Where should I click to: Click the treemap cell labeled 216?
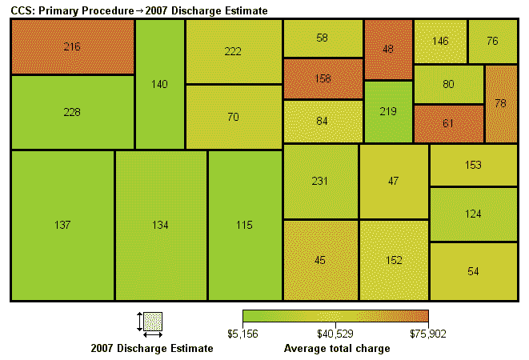point(72,46)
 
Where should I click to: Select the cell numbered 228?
point(72,112)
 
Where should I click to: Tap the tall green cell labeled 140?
point(159,83)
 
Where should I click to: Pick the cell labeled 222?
point(233,51)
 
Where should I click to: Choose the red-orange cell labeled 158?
point(323,79)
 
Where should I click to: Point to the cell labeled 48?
point(388,49)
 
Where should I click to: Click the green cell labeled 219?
point(388,111)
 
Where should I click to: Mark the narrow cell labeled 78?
point(500,103)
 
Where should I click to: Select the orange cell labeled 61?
point(448,122)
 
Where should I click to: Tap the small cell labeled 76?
point(492,41)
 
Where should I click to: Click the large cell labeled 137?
point(62,225)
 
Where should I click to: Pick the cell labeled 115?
point(244,225)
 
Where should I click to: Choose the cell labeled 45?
point(320,260)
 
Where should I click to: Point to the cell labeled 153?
point(473,165)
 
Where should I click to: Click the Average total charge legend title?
point(337,349)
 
